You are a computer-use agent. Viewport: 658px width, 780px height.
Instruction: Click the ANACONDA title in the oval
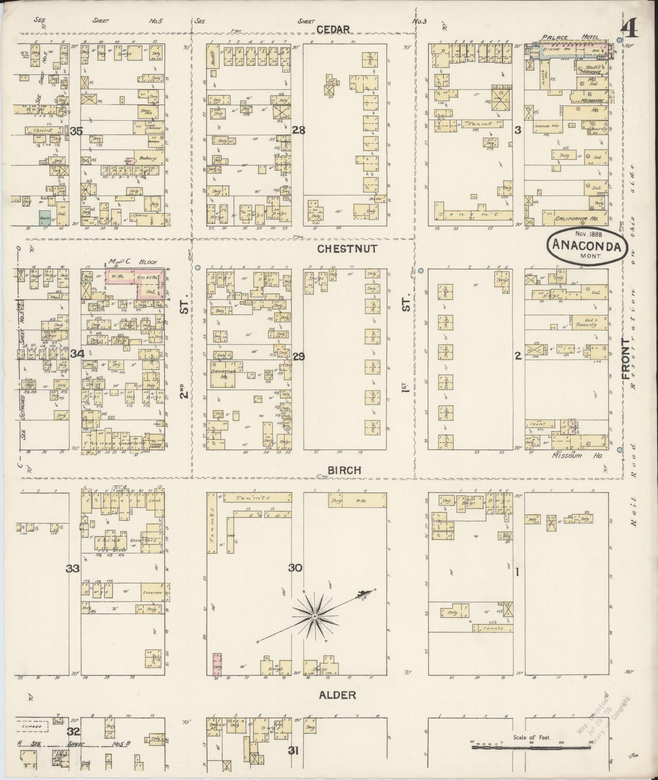point(587,247)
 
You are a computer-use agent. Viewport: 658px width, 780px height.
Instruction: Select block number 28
point(299,131)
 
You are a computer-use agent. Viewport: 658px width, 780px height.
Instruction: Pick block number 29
point(299,357)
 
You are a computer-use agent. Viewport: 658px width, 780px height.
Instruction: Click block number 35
point(77,132)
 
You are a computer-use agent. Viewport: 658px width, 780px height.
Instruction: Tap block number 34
point(77,353)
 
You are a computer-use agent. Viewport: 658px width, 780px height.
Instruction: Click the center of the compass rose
point(314,616)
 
